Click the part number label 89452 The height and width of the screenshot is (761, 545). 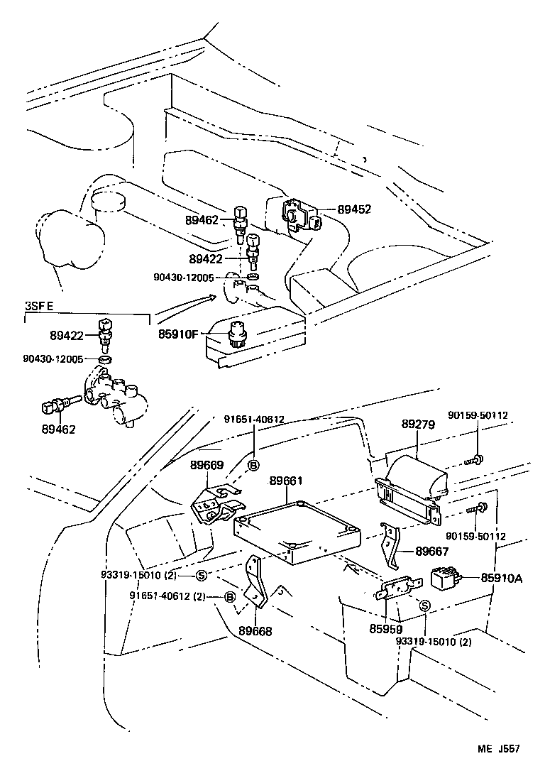coord(354,209)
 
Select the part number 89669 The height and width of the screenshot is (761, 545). coord(207,466)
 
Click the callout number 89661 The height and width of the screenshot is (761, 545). coord(286,481)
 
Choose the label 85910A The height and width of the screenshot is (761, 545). coord(501,579)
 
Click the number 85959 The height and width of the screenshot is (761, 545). coord(385,629)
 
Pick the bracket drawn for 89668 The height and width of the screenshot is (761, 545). coord(255,586)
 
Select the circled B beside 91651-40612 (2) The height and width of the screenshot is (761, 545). coord(229,597)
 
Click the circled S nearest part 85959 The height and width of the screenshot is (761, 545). coord(424,606)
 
